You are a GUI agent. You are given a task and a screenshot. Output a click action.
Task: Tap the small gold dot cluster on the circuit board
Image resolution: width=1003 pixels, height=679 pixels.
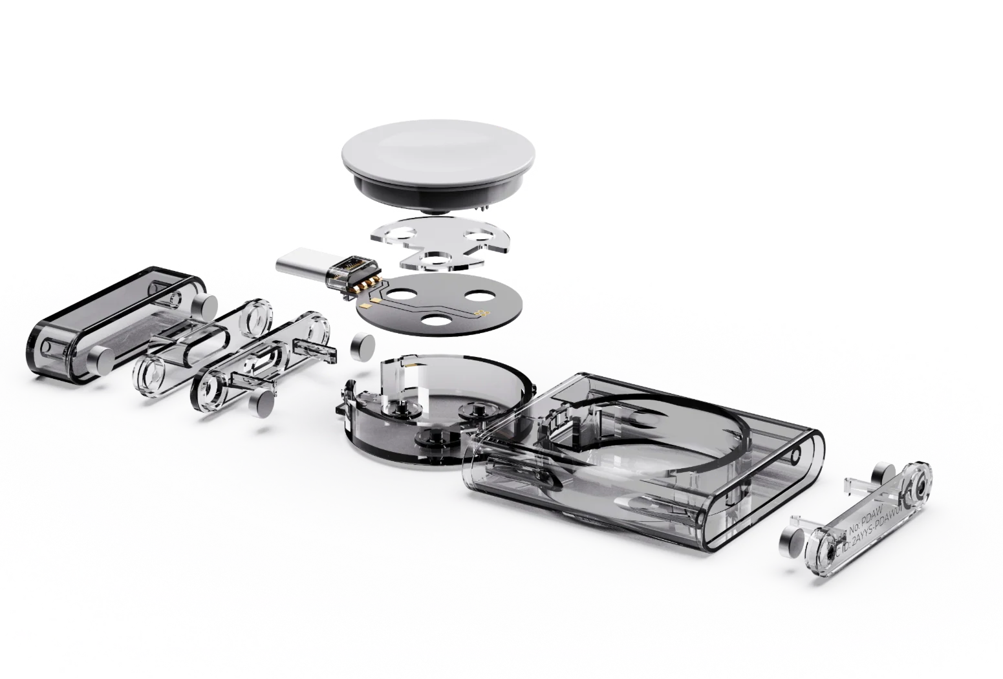pos(480,314)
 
